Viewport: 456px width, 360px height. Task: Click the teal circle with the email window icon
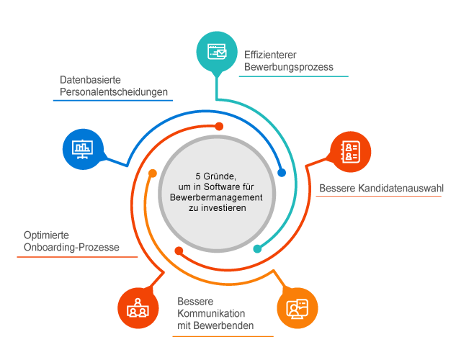tap(217, 52)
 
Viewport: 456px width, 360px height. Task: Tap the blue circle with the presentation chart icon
tap(83, 149)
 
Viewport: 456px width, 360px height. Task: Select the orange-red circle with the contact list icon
tap(350, 152)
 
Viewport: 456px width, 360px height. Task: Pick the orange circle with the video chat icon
tap(298, 308)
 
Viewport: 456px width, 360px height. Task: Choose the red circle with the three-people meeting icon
tap(138, 308)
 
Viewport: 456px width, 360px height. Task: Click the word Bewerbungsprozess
tap(288, 67)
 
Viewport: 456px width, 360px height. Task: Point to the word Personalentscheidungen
tap(114, 92)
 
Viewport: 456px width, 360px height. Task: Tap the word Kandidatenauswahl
tap(401, 188)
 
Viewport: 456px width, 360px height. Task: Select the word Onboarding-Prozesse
tap(71, 247)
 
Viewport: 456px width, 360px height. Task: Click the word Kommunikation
tap(211, 313)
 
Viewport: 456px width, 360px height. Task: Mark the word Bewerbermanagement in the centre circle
tap(216, 197)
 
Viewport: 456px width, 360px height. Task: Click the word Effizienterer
tap(270, 55)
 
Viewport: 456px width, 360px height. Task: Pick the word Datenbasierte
tap(90, 80)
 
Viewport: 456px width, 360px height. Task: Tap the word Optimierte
tap(46, 235)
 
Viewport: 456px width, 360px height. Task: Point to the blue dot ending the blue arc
tap(282, 173)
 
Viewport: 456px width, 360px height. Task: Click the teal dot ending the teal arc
tap(257, 248)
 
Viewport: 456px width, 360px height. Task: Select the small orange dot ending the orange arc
tap(153, 174)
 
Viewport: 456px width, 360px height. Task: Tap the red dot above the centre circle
tap(219, 127)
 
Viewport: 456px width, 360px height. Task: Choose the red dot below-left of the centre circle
tap(179, 251)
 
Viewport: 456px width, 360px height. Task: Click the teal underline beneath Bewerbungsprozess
tap(294, 76)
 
